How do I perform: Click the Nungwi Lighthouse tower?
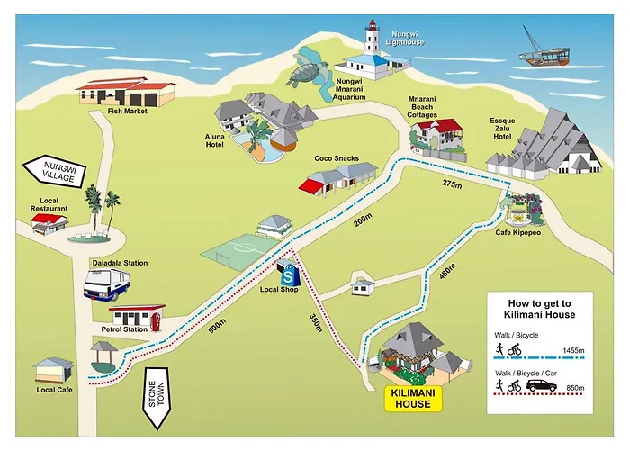pos(372,38)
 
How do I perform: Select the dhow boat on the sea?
pos(544,50)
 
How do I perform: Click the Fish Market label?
pos(128,112)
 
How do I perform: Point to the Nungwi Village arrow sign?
pos(55,172)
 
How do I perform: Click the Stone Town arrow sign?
pos(157,398)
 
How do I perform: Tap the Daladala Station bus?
pos(106,284)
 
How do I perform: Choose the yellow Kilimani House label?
pos(413,398)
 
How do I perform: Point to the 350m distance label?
pos(316,322)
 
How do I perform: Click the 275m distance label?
pos(452,184)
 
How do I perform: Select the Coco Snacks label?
pos(337,158)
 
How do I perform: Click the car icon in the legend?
pos(542,385)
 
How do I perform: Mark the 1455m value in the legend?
pos(573,350)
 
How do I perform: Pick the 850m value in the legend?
pos(575,388)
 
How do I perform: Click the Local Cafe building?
pos(53,370)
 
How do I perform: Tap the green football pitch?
pos(240,251)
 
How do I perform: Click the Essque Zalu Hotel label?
pos(502,129)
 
